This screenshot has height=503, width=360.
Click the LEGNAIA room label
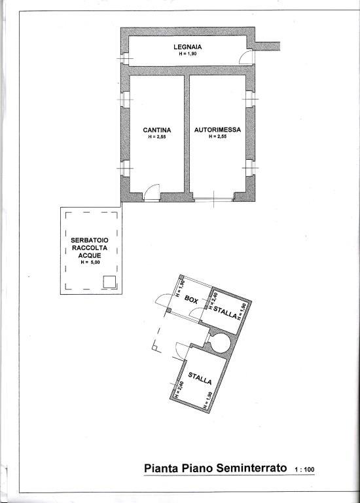tap(187, 47)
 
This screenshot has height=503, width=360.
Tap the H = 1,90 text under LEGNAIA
tap(187, 54)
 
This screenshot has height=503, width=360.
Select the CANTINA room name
tap(157, 130)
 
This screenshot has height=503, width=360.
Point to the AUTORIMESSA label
tap(217, 130)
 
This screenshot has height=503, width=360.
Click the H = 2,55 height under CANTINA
tap(157, 137)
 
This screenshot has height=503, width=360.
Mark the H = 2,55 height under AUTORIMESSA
tap(217, 137)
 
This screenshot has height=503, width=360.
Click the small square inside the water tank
tap(110, 282)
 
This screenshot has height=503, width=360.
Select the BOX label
tap(191, 299)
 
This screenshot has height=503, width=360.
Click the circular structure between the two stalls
tap(219, 342)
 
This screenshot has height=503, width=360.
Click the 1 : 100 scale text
tap(304, 470)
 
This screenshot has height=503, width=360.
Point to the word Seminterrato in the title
tap(253, 468)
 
